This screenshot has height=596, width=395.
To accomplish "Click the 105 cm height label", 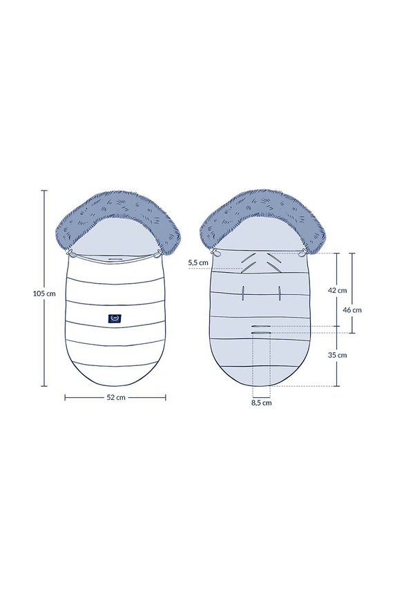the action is pyautogui.click(x=44, y=294).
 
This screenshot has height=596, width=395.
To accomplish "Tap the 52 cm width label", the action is pyautogui.click(x=115, y=397).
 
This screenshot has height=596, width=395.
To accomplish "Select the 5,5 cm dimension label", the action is pyautogui.click(x=198, y=262).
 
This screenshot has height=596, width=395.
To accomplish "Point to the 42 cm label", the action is pyautogui.click(x=337, y=290).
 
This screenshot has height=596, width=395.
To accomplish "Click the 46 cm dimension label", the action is pyautogui.click(x=352, y=310).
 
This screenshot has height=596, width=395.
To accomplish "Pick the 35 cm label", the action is pyautogui.click(x=337, y=355).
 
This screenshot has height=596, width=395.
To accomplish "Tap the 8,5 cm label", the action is pyautogui.click(x=261, y=403).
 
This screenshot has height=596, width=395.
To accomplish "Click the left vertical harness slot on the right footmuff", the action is pyautogui.click(x=242, y=293).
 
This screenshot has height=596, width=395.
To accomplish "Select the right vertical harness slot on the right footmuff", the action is pyautogui.click(x=280, y=293).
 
